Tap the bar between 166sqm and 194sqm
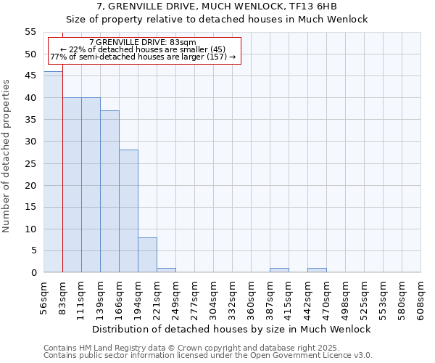point(128,211)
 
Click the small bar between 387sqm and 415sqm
point(279,270)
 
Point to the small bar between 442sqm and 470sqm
point(317,270)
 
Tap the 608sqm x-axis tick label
point(422,298)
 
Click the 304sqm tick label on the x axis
point(215,298)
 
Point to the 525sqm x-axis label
point(365,298)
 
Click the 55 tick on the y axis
point(30,32)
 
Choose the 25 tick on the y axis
point(30,163)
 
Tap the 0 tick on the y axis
point(33,273)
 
